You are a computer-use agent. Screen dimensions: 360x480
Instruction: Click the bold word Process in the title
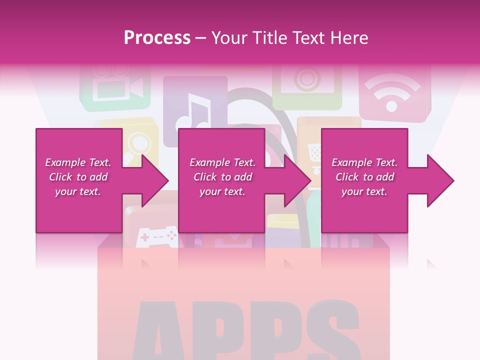click(x=157, y=38)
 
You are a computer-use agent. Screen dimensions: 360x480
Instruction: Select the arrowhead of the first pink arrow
click(x=155, y=180)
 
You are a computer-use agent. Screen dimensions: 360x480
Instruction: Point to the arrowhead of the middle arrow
click(x=298, y=180)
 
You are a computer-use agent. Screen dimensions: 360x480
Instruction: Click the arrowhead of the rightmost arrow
click(x=440, y=180)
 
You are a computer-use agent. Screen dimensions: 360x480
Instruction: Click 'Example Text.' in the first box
click(x=78, y=162)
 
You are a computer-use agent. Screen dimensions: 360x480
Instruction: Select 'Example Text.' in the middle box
click(x=222, y=162)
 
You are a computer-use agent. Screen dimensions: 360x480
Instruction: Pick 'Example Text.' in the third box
click(x=364, y=162)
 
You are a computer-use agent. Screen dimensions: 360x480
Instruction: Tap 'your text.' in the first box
click(x=78, y=191)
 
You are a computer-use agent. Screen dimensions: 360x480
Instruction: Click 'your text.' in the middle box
click(x=222, y=191)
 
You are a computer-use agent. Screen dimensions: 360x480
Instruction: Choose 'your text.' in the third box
click(x=364, y=191)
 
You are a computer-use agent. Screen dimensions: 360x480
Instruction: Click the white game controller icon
click(x=157, y=236)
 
